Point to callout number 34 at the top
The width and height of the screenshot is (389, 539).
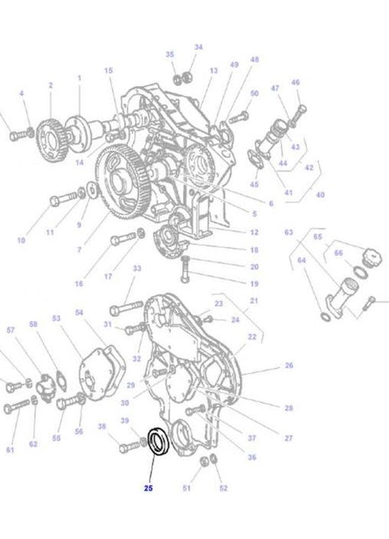(198, 48)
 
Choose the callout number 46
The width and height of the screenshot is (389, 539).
(294, 83)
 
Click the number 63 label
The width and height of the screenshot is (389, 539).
(289, 231)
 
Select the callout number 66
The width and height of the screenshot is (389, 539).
(338, 252)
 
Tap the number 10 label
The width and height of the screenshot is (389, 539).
(21, 241)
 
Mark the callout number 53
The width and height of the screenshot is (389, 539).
(56, 318)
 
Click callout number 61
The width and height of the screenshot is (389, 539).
(11, 450)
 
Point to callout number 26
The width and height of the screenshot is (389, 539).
(289, 365)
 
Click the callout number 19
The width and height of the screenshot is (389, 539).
(253, 283)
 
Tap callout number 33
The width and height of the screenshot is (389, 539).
(137, 268)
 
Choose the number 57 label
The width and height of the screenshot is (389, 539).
(11, 331)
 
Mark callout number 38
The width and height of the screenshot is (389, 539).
(102, 426)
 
